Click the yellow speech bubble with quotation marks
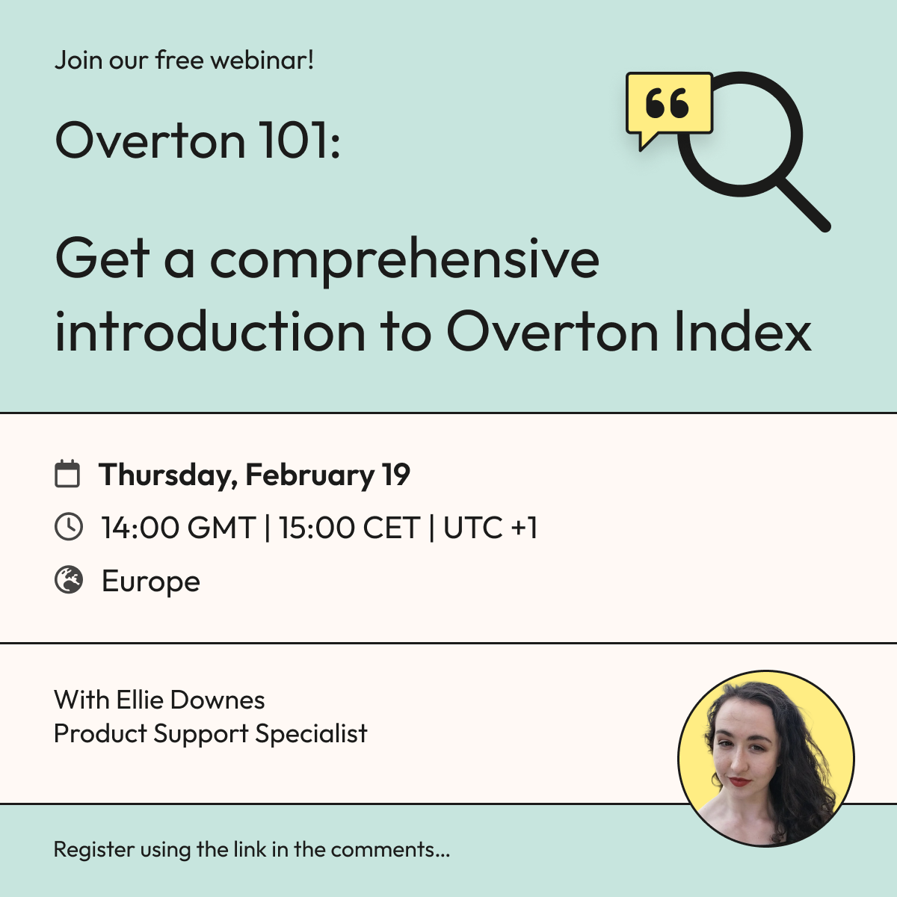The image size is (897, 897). [669, 106]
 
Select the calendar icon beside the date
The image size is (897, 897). [67, 474]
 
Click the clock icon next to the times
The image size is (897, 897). [69, 527]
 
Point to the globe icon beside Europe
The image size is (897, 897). [69, 581]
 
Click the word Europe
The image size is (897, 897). [151, 582]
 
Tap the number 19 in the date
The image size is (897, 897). [396, 475]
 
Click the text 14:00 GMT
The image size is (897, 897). [179, 528]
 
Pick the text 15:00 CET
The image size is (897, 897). [350, 528]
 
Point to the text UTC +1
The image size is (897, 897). [490, 528]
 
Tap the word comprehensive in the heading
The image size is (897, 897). [405, 261]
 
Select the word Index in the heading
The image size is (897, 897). [742, 331]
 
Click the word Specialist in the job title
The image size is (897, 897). [312, 734]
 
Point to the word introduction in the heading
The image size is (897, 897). [210, 331]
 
